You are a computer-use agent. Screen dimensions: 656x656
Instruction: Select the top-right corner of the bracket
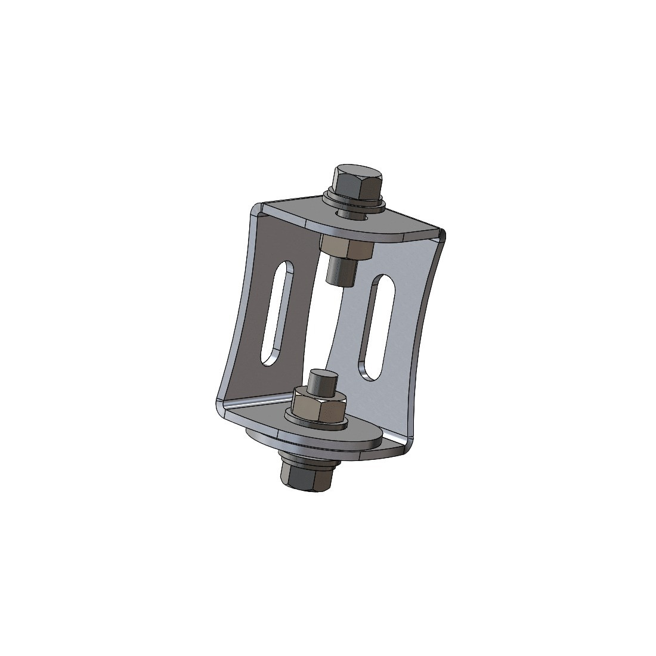(x=442, y=234)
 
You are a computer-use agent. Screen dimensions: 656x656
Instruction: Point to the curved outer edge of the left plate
(x=235, y=310)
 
